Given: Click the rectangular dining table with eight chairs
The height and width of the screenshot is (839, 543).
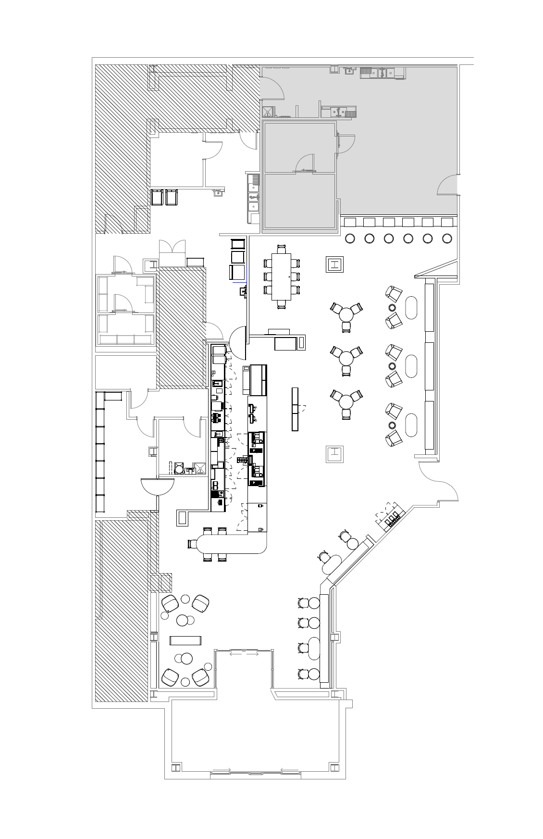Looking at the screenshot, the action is [x=281, y=276].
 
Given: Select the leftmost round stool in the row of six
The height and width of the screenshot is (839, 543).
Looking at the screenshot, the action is [x=350, y=238].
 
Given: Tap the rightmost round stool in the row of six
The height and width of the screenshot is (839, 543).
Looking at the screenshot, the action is [x=447, y=238].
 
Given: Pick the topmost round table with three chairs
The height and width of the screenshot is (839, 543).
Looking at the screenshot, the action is [x=346, y=314].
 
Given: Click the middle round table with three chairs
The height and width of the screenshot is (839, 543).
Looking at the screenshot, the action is [x=346, y=358].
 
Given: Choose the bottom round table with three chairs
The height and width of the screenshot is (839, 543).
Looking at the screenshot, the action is [x=346, y=401].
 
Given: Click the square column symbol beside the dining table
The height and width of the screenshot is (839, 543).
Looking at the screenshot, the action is [x=335, y=264].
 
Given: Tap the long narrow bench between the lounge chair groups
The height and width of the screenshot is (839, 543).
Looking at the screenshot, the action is [x=185, y=640].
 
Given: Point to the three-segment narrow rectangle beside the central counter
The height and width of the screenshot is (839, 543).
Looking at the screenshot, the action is [x=295, y=409].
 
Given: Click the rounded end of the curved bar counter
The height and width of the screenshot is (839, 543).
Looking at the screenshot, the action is [x=194, y=544].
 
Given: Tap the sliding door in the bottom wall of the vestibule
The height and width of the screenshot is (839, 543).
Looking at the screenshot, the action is [x=255, y=773].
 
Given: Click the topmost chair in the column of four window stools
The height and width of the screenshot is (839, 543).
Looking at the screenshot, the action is [x=303, y=603].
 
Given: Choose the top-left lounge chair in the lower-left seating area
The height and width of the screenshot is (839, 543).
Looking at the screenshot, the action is [x=171, y=602].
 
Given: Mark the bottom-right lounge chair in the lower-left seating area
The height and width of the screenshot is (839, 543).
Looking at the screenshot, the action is [x=200, y=677].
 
